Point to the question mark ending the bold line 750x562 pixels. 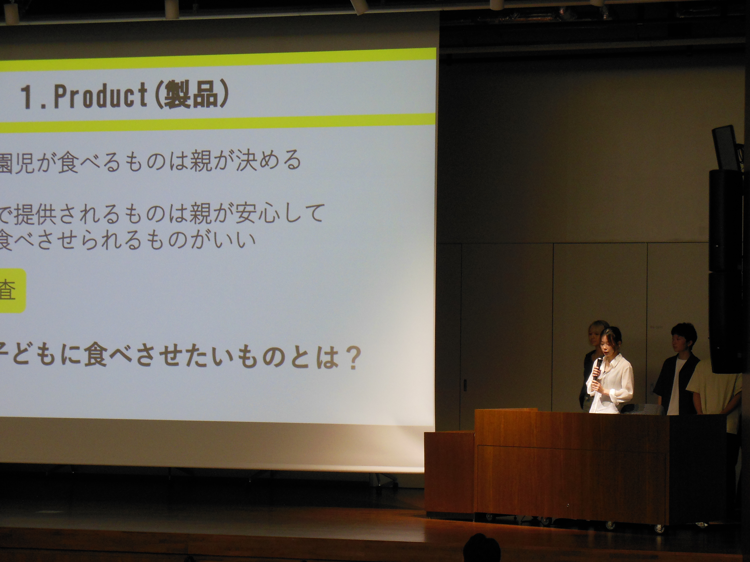pos(348,359)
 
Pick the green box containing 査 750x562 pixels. pos(13,291)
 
